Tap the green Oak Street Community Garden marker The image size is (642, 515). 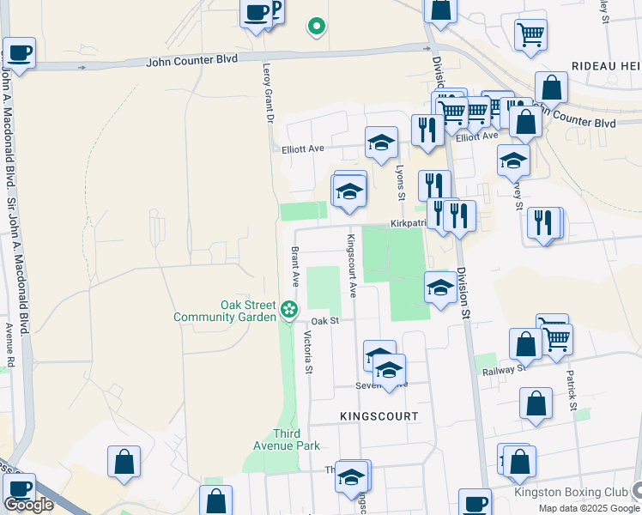click(290, 307)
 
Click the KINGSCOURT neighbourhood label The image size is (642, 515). click(379, 415)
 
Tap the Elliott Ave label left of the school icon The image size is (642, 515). click(303, 148)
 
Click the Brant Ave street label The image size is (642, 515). click(294, 267)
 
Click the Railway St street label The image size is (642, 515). click(504, 368)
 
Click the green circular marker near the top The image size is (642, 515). click(317, 27)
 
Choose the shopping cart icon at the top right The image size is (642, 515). click(531, 35)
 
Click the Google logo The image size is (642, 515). click(28, 505)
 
